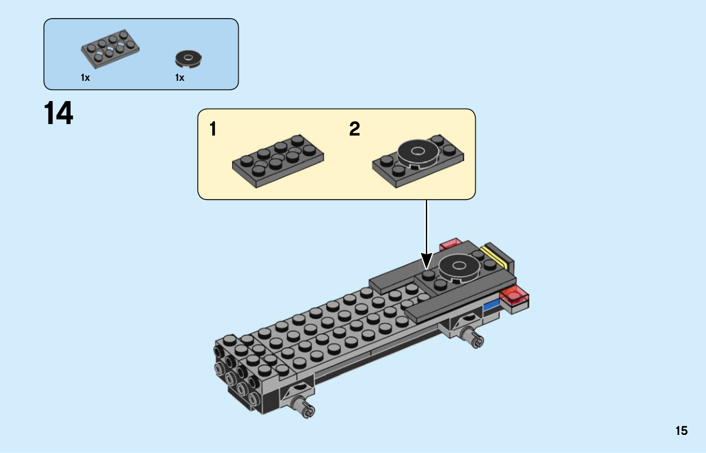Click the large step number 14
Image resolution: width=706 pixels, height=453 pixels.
58,113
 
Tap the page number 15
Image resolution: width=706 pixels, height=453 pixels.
681,430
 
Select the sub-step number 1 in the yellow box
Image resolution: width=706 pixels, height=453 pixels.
213,129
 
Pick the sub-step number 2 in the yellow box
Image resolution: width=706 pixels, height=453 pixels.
354,129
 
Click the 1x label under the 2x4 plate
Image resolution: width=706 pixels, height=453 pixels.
85,78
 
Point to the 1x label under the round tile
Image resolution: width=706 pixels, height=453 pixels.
180,78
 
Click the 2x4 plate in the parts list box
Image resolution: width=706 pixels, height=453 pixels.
110,48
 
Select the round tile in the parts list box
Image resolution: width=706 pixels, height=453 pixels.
188,58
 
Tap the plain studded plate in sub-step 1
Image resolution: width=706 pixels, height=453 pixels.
278,161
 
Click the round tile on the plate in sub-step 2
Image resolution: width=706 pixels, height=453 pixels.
417,152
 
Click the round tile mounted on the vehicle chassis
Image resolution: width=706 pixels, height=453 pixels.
459,266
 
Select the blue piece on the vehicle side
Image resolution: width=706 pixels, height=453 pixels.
491,305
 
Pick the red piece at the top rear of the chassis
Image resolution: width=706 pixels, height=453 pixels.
450,243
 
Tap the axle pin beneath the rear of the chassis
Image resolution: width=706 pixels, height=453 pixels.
473,338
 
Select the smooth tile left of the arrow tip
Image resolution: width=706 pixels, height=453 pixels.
394,276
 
